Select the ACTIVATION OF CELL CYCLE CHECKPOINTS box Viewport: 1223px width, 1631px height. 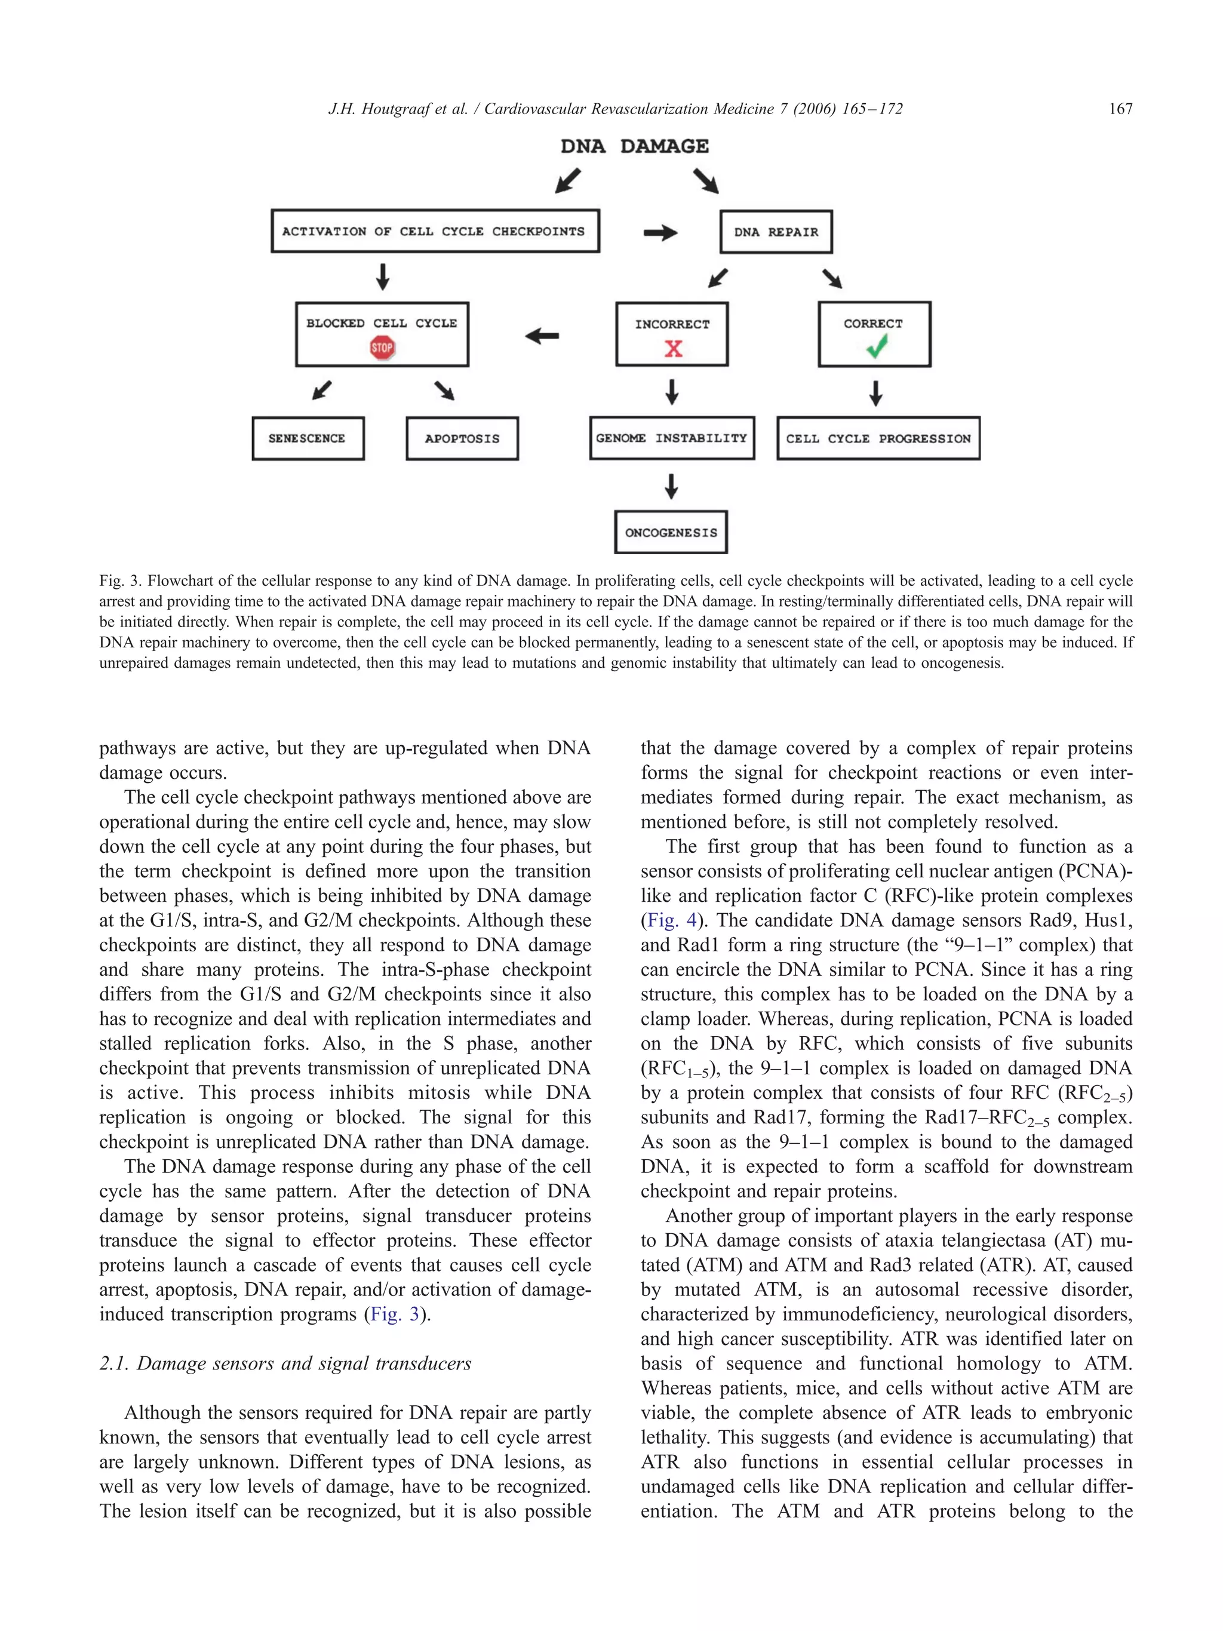[x=434, y=231]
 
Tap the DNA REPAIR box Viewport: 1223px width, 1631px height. [x=776, y=232]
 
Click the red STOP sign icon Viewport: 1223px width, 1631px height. [x=382, y=348]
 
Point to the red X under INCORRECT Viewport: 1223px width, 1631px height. [x=673, y=348]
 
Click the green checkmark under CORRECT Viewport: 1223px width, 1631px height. [x=876, y=346]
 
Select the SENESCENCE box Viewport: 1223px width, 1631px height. [x=308, y=438]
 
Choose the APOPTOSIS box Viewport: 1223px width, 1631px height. [x=462, y=438]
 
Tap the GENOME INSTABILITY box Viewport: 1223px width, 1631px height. [x=672, y=438]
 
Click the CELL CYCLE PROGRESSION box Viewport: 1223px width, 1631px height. [x=878, y=438]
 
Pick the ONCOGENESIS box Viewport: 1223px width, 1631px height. [x=671, y=532]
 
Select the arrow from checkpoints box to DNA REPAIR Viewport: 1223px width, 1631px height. [x=660, y=232]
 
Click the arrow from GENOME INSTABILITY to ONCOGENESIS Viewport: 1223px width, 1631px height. [x=671, y=486]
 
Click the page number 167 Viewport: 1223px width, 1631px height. [x=1120, y=109]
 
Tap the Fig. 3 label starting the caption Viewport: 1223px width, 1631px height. [x=120, y=581]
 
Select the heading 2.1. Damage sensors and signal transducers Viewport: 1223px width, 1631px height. [x=285, y=1363]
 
